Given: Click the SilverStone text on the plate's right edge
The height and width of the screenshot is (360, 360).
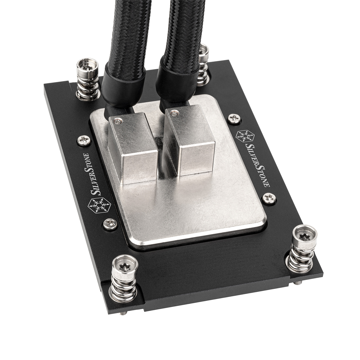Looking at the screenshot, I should tap(257, 165).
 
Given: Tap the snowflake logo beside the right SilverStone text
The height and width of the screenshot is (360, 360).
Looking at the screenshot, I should tap(245, 136).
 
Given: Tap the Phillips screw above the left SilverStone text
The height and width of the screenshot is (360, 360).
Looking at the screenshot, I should tap(83, 139).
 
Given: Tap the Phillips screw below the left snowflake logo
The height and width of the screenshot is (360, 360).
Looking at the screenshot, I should tap(108, 223).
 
